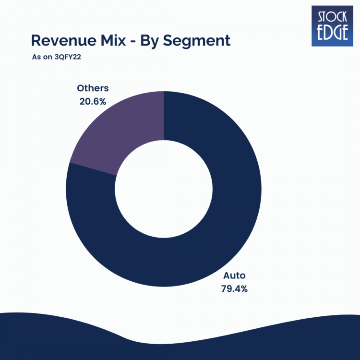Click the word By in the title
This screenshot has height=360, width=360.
(151, 41)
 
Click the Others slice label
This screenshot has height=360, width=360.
(93, 88)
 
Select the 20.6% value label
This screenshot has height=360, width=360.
(93, 101)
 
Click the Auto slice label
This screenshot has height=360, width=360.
(234, 276)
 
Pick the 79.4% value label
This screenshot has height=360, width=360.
(234, 289)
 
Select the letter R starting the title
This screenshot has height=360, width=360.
(36, 40)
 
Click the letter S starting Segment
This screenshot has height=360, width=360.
(168, 40)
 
